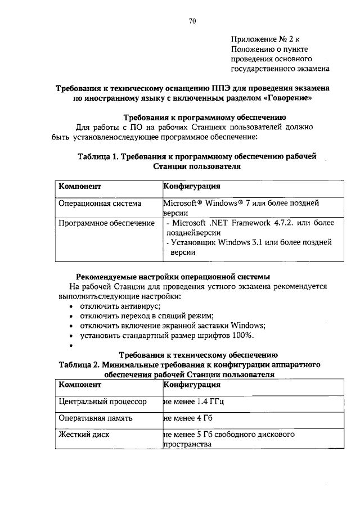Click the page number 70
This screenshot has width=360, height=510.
192,21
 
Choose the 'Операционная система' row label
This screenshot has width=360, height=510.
100,203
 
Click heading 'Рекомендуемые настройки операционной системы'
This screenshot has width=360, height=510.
173,276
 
